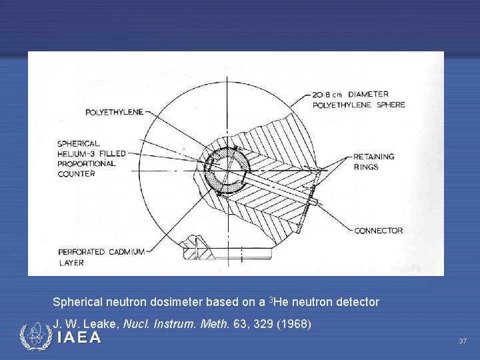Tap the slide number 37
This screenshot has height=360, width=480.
463,341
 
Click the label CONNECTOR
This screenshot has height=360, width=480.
378,231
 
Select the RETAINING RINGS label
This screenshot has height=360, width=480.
373,161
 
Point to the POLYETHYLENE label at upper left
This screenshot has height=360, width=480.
114,112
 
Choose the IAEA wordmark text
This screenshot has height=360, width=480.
79,338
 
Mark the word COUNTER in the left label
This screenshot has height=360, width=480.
76,174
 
